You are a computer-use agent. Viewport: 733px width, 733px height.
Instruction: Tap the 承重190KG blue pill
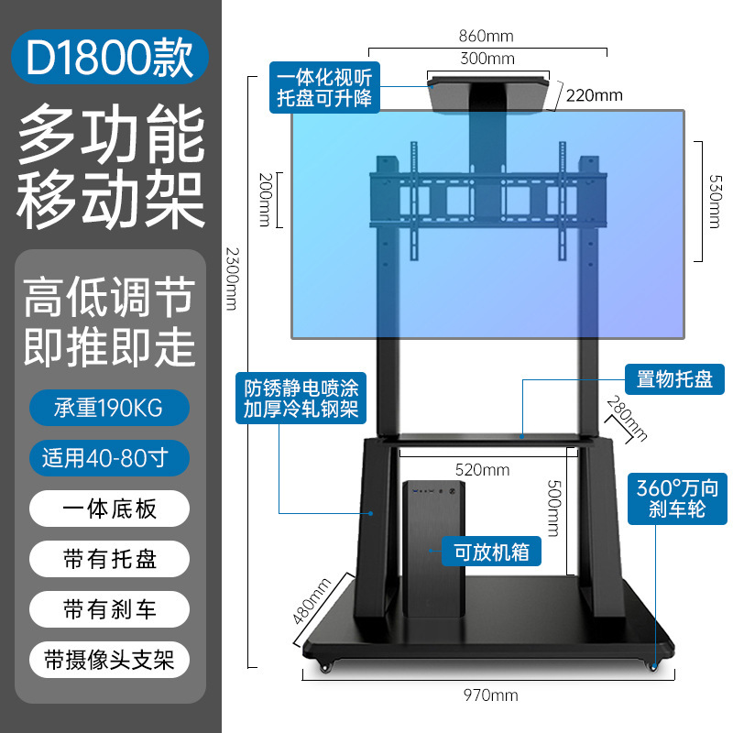click(110, 408)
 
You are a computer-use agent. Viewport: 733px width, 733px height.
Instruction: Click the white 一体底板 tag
click(110, 508)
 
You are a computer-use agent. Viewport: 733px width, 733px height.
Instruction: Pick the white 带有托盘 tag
click(110, 558)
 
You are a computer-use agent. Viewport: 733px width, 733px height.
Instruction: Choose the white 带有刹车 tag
click(110, 608)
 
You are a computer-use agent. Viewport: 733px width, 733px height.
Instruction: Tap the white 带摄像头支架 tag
click(110, 659)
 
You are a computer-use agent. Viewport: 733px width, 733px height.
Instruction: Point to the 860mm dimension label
click(486, 37)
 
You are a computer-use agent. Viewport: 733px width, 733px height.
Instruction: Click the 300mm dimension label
click(487, 60)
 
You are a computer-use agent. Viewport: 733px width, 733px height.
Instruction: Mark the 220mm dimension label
click(594, 95)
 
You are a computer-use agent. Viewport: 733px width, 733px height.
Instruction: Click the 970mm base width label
click(486, 695)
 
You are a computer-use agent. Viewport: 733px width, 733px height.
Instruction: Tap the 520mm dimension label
click(483, 470)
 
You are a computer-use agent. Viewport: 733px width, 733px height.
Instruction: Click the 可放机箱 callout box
click(491, 552)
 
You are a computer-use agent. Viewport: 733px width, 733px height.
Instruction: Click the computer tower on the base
click(431, 550)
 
